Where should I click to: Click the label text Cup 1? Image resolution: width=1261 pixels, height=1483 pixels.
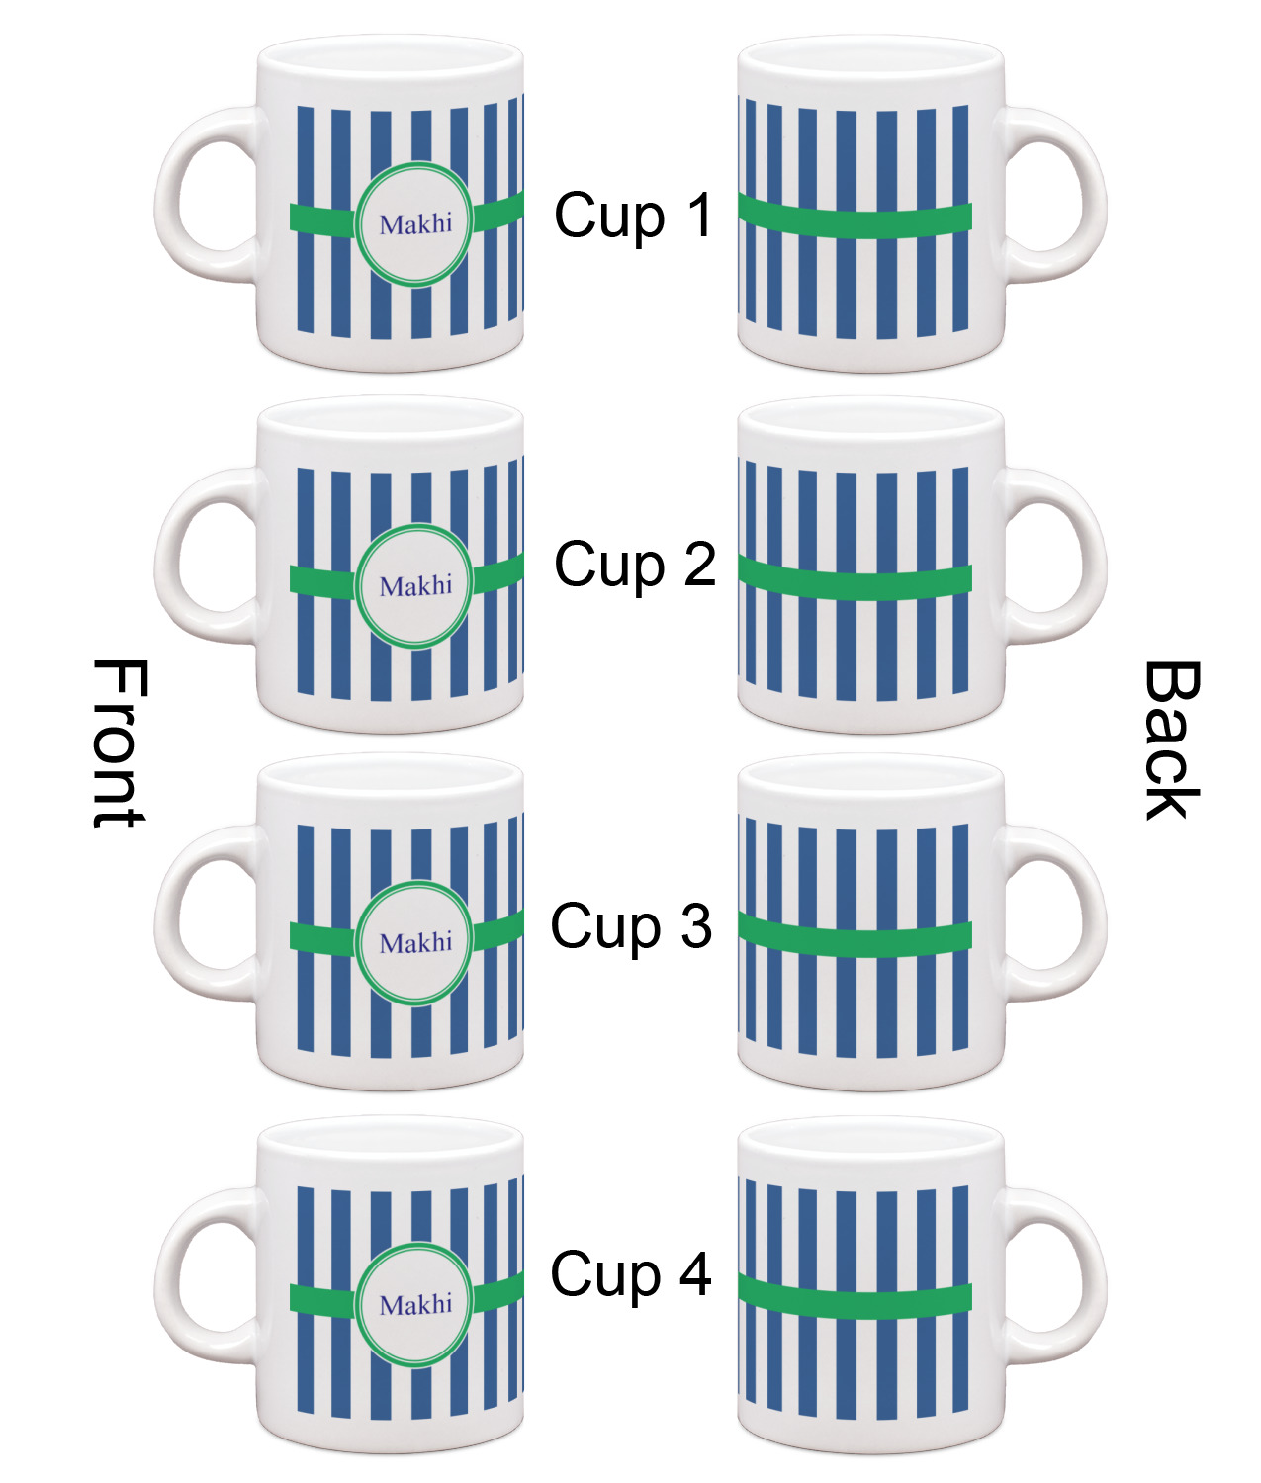click(x=633, y=216)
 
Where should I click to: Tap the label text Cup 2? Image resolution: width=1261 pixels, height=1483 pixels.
click(x=635, y=565)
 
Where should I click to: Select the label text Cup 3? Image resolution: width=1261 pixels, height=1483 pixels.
click(x=631, y=926)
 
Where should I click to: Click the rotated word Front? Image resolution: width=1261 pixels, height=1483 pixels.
click(x=120, y=742)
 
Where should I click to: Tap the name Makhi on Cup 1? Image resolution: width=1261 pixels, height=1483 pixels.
click(x=415, y=224)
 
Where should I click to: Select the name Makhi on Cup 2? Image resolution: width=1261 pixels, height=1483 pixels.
click(x=415, y=586)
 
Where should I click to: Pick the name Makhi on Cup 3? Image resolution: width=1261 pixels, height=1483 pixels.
click(x=415, y=943)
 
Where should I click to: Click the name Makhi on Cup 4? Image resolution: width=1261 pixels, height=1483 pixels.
click(x=415, y=1305)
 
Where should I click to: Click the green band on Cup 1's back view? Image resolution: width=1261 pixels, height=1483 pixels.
click(x=856, y=221)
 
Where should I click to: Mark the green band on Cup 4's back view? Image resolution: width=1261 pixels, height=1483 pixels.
click(x=856, y=1302)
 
